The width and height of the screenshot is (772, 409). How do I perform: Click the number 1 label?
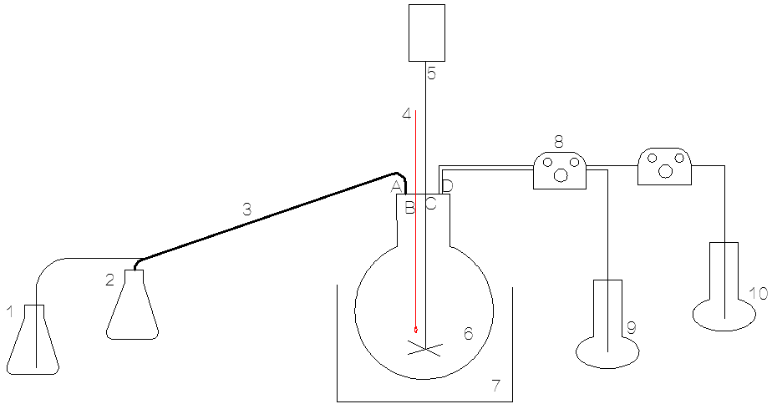tap(10, 312)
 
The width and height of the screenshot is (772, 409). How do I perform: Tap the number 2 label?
tap(109, 280)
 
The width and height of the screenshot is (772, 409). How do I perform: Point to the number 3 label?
tap(246, 210)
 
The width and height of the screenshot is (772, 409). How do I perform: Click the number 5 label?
tap(431, 73)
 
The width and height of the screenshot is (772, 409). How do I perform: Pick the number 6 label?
tap(469, 333)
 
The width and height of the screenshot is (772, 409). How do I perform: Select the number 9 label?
tap(632, 328)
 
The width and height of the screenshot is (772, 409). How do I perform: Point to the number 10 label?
tap(758, 293)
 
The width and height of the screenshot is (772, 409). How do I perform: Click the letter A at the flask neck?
tap(397, 185)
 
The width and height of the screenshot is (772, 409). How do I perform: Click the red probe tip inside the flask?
tap(416, 329)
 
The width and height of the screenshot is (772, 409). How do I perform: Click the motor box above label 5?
tap(426, 33)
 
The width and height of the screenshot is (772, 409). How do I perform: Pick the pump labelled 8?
tap(560, 169)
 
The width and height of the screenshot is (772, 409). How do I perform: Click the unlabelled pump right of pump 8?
tap(663, 167)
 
